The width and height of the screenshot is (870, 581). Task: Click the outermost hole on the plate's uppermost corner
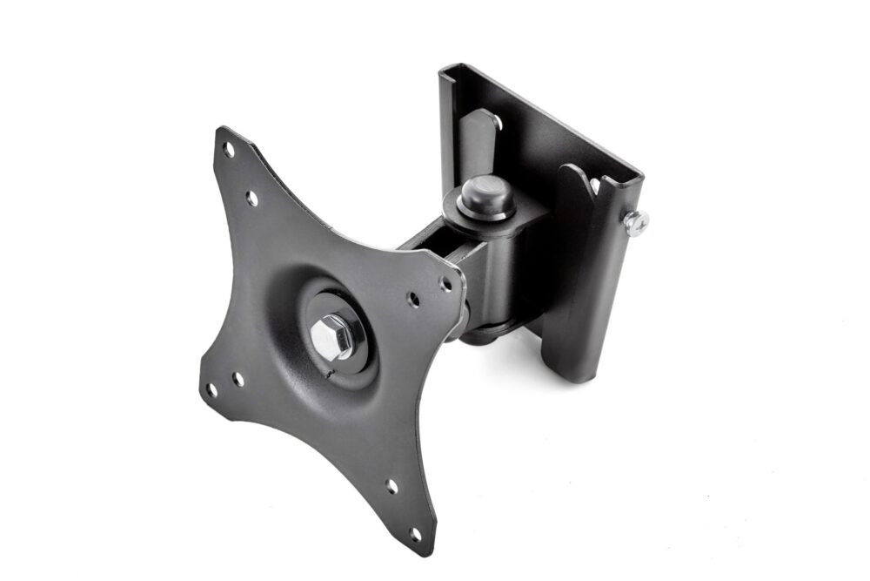pyautogui.click(x=228, y=149)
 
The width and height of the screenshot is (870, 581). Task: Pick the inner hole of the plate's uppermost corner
pyautogui.click(x=251, y=199)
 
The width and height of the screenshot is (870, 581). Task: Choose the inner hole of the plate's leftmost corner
pyautogui.click(x=238, y=379)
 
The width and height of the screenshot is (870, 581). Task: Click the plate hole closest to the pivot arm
pyautogui.click(x=445, y=283)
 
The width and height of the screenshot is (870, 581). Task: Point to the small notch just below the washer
pyautogui.click(x=328, y=375)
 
